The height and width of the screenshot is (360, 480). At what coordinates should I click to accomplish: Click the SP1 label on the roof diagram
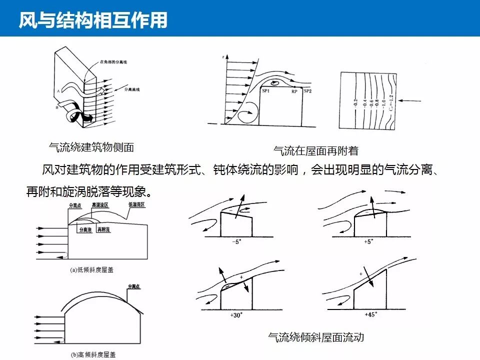tap(266, 90)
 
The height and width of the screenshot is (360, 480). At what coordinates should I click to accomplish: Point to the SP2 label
tap(308, 91)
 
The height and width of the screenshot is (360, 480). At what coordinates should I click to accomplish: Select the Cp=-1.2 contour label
tap(390, 102)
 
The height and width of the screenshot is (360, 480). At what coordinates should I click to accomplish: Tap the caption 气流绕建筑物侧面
tap(91, 147)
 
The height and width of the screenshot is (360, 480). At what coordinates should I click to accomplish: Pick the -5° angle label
tap(236, 242)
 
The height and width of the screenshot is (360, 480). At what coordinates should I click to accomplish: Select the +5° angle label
tap(368, 242)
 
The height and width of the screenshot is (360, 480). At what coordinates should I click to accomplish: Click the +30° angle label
tap(236, 315)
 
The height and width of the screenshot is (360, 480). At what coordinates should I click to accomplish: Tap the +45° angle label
tap(370, 315)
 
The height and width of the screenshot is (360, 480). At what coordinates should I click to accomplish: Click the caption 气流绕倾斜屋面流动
tap(316, 337)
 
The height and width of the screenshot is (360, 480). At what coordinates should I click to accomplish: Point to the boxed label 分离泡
tap(85, 230)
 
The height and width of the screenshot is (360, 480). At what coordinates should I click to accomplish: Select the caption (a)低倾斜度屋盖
tap(91, 269)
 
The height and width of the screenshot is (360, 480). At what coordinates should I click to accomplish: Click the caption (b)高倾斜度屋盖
tap(92, 354)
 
